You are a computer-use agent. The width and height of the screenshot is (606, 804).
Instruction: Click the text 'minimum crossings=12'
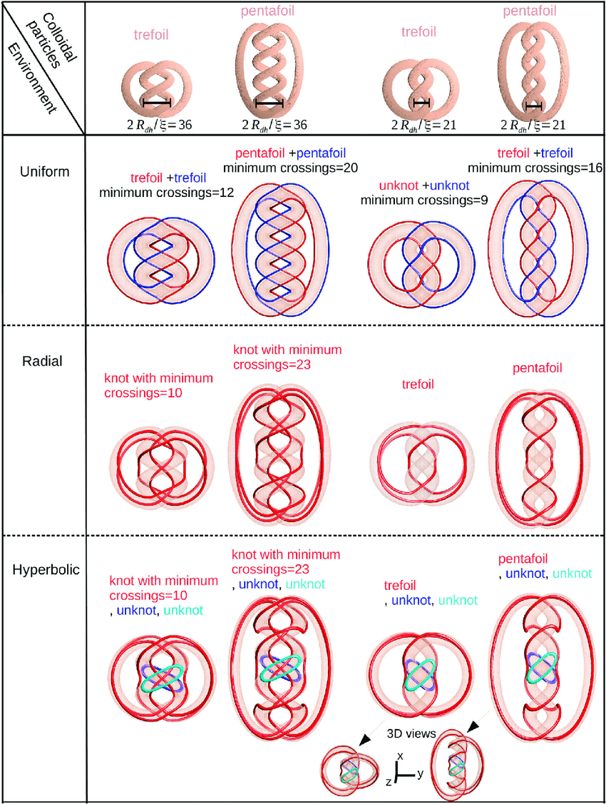pyautogui.click(x=167, y=192)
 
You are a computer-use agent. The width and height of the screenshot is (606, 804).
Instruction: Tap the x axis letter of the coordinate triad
pyautogui.click(x=401, y=755)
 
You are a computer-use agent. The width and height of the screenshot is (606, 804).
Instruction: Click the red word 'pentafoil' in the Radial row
pyautogui.click(x=538, y=369)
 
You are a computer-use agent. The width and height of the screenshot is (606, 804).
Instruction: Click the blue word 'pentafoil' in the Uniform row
pyautogui.click(x=325, y=153)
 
